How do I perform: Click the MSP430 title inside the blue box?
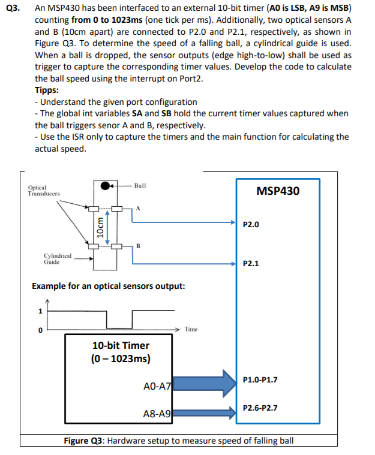(x=277, y=191)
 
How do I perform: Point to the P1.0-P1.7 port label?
(x=260, y=379)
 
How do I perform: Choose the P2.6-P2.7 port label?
(x=260, y=408)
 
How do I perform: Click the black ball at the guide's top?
(x=106, y=185)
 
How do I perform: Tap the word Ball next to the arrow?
(x=140, y=186)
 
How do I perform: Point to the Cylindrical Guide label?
(x=58, y=258)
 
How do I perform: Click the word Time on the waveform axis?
(x=191, y=329)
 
